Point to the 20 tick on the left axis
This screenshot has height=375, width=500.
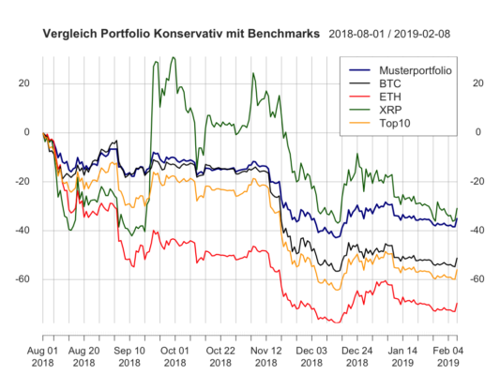click(x=25, y=83)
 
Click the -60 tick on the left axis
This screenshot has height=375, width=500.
click(x=23, y=279)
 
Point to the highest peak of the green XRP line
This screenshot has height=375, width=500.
click(x=173, y=58)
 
